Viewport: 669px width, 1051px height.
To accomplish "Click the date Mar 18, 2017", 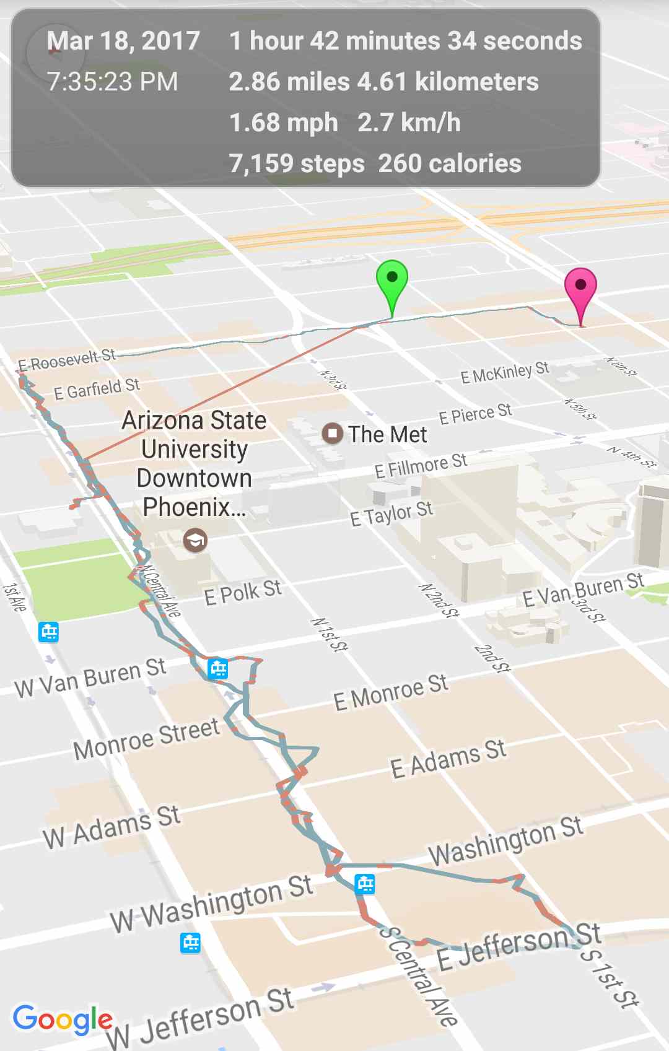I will [123, 41].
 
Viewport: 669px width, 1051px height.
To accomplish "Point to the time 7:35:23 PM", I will [112, 82].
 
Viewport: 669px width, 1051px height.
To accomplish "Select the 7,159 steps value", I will [296, 164].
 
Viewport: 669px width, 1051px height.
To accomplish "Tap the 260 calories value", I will [450, 164].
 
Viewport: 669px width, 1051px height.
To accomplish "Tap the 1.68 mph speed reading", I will [283, 123].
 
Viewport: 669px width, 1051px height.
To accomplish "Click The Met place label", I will [387, 434].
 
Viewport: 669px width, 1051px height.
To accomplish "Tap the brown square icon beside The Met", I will [333, 433].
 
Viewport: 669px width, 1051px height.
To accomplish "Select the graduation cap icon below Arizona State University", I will [195, 541].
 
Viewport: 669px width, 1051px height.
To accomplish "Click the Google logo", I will [63, 1019].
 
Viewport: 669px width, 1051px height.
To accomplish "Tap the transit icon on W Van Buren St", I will [217, 669].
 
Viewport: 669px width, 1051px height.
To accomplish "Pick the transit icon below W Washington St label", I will [190, 943].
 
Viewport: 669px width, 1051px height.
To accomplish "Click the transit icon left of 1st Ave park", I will [48, 632].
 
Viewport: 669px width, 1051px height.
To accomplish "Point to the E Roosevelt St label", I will [66, 360].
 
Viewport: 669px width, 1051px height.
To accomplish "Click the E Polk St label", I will [243, 593].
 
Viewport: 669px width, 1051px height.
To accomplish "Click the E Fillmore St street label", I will [421, 465].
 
